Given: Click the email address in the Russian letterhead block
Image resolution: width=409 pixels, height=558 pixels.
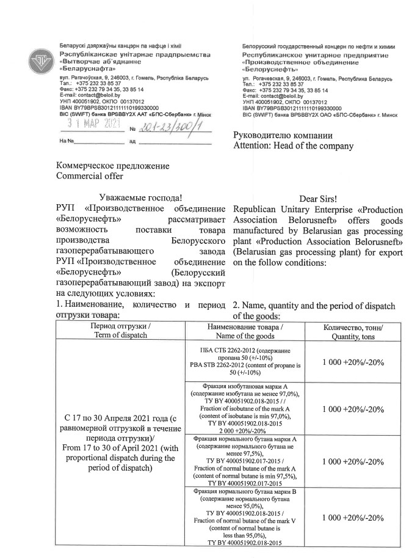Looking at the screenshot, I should [273, 96].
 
